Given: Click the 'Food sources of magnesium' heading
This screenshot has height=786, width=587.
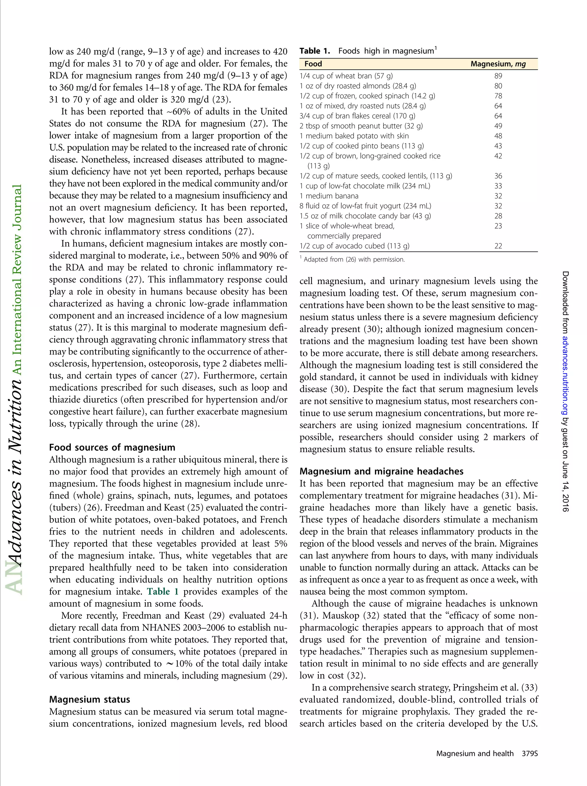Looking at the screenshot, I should pos(112,447).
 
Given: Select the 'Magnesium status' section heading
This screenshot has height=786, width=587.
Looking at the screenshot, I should pos(89,699).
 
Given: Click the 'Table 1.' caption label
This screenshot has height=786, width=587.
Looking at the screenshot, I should pos(315,51).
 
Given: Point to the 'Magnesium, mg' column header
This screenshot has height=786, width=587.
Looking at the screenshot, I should pos(498,64).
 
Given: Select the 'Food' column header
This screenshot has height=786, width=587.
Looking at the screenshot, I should pos(313,64).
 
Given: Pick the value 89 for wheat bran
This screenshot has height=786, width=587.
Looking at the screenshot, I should pos(498,76).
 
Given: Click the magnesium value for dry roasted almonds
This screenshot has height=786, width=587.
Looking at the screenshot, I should pos(498,86).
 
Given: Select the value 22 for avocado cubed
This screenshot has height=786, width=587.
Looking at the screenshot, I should pos(498,246).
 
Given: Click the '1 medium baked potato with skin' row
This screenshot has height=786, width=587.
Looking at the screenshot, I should pos(354,136).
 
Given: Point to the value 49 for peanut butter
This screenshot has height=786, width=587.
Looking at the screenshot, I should pos(498,126).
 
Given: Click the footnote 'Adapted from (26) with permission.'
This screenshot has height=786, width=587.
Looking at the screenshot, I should pos(354,260).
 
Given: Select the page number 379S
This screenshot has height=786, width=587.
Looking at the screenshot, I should pos(529,753).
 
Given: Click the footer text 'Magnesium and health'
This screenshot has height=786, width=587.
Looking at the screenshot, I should pos(474,753).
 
